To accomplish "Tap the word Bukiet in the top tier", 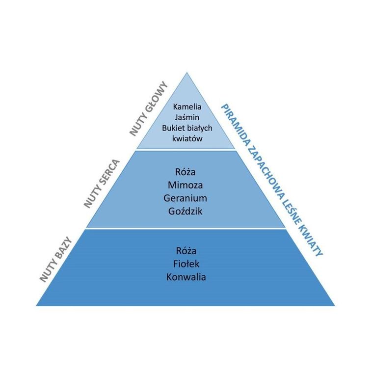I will coord(172,128).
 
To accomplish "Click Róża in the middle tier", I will coord(185,172).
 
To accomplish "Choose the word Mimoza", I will coord(185,186).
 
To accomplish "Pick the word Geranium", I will coord(185,198).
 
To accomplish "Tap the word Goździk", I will coord(185,212).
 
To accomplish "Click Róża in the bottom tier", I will coord(185,251).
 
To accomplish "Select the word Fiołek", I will coord(185,264).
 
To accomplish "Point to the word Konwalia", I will coord(186,277).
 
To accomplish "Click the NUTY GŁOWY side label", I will coord(148,108).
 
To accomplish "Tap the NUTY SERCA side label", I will coord(102,184).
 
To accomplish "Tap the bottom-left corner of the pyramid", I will coord(37,305).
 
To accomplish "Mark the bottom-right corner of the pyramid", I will coord(334,305).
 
